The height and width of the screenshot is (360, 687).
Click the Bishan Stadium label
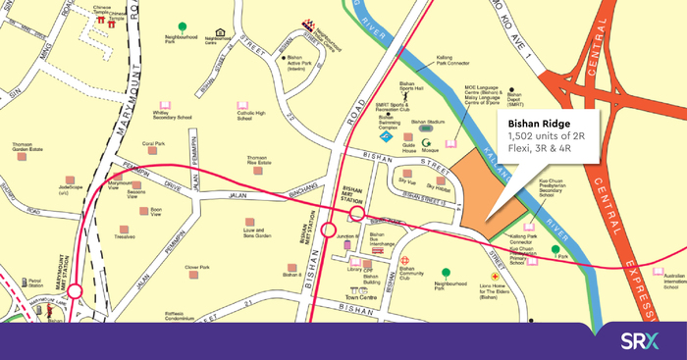pos(428,123)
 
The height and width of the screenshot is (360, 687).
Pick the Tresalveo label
pos(125,236)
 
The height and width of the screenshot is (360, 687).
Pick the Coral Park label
pos(153,144)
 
